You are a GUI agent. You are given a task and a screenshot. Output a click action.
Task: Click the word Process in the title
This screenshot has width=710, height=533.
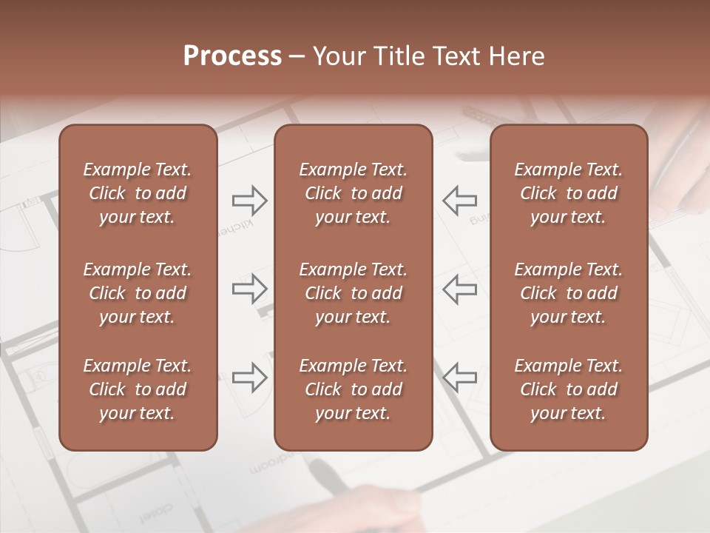[232, 56]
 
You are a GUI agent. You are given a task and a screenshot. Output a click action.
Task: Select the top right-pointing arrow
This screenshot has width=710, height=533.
[250, 200]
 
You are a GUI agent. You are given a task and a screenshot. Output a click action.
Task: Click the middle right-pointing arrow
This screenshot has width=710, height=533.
[250, 289]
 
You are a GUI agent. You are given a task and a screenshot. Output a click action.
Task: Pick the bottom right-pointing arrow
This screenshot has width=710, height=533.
[250, 378]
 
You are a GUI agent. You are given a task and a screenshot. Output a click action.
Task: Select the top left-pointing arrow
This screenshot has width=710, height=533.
[459, 200]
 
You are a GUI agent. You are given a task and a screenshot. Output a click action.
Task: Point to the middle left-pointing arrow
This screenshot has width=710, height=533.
[459, 289]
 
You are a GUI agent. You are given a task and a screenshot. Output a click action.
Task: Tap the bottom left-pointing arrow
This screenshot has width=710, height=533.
[459, 378]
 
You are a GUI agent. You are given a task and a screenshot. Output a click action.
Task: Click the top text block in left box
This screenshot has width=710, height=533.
[138, 193]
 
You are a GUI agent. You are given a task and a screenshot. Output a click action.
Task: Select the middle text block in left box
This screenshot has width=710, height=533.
[138, 293]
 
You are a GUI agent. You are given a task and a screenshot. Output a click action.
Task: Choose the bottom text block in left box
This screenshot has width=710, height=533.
[138, 389]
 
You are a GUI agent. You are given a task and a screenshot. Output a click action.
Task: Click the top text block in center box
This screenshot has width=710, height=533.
[353, 193]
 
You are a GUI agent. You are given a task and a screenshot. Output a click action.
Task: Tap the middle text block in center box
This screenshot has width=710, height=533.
[353, 293]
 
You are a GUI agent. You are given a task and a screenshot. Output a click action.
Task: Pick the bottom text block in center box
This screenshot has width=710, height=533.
[353, 389]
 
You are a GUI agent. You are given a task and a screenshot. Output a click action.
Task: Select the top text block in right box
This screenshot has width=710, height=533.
[569, 193]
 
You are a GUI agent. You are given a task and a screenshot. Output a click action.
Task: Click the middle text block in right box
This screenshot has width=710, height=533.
[569, 293]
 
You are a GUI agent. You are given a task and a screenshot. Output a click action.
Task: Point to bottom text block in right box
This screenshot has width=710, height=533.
[569, 389]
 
